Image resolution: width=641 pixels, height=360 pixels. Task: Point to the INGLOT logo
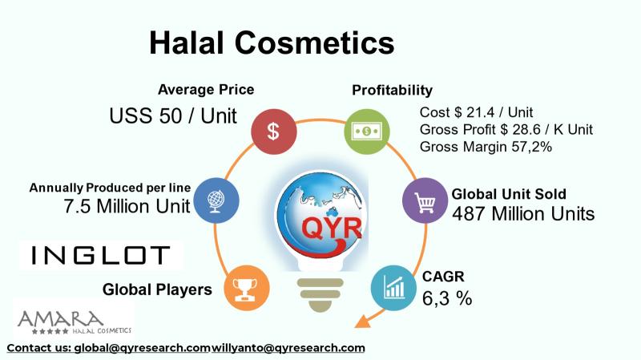(101, 255)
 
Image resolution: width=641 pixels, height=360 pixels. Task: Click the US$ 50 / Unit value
(173, 115)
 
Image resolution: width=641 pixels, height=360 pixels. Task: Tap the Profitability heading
(392, 90)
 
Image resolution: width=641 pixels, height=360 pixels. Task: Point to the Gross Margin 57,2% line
(486, 147)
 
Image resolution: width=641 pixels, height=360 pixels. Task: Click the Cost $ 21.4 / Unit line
(476, 112)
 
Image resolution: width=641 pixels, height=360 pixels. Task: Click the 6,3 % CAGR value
(446, 298)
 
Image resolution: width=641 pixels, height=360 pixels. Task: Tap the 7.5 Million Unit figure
(127, 206)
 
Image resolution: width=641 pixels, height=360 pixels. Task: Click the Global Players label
(157, 289)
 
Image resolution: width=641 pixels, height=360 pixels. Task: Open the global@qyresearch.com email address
(142, 348)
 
